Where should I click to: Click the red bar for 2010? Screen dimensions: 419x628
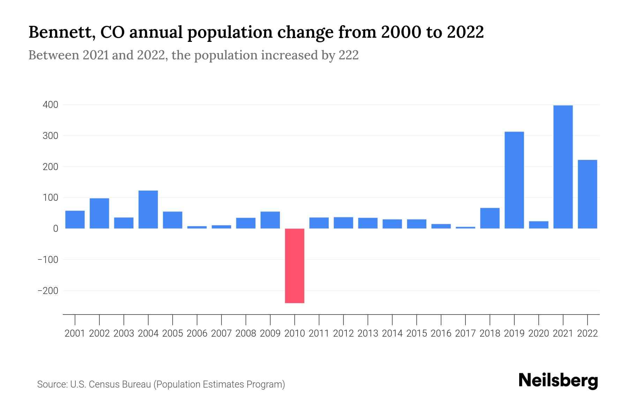click(294, 266)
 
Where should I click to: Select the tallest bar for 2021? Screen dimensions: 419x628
click(563, 167)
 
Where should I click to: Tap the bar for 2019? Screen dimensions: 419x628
click(514, 180)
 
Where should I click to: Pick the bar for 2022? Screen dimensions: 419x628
click(587, 194)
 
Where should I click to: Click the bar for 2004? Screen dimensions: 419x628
click(148, 209)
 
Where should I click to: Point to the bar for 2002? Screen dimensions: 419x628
click(99, 213)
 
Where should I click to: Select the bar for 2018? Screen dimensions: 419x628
click(489, 218)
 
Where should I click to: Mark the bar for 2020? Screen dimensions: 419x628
click(538, 225)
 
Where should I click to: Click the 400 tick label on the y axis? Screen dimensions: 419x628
click(50, 105)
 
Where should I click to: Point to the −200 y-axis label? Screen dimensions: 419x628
click(48, 291)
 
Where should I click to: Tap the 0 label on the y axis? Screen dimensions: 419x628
click(55, 229)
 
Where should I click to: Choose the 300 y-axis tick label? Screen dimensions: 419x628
click(50, 136)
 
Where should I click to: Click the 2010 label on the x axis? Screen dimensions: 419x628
click(294, 333)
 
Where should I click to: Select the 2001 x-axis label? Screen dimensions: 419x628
click(75, 333)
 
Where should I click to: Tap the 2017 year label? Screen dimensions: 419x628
click(465, 333)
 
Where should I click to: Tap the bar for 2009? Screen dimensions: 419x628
click(270, 220)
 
